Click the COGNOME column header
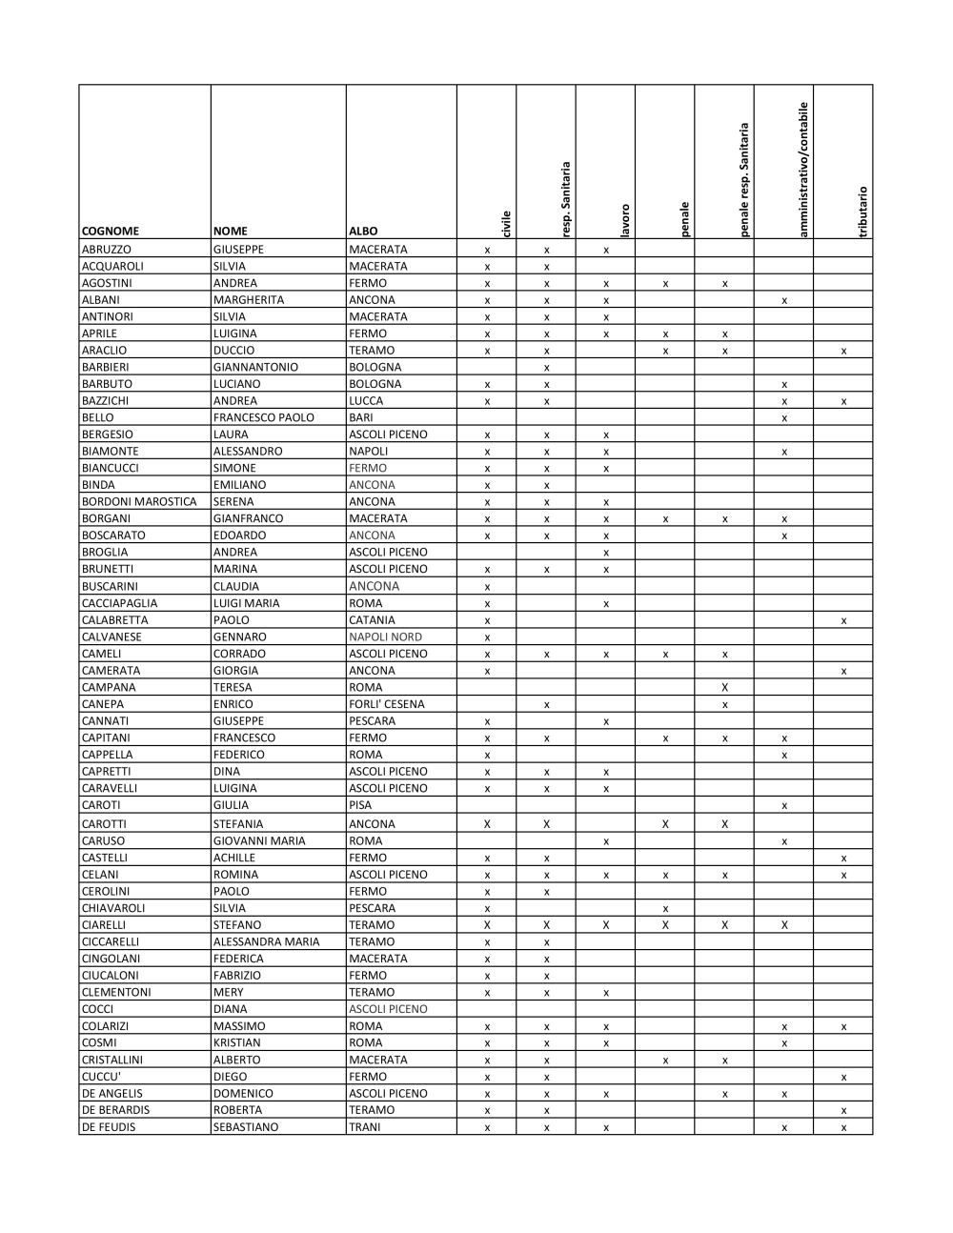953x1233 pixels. pos(111,231)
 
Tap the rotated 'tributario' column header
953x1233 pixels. pos(862,211)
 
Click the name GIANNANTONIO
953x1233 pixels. pos(255,367)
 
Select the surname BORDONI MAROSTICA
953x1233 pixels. pos(139,502)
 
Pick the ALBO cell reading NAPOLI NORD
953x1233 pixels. pos(385,637)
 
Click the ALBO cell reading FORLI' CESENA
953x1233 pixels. pos(387,704)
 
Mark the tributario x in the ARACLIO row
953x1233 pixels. pos(843,351)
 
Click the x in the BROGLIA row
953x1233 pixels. pos(606,553)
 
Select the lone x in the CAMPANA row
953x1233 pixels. pos(725,687)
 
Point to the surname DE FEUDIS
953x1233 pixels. pos(109,1127)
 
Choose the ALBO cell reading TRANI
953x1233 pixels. pos(365,1127)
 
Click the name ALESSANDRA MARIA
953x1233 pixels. pos(266,941)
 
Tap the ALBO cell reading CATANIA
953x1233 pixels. pos(372,620)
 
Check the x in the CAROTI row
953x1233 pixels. pos(784,805)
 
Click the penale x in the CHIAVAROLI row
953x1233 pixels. pos(665,908)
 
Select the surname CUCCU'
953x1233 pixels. pos(100,1077)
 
